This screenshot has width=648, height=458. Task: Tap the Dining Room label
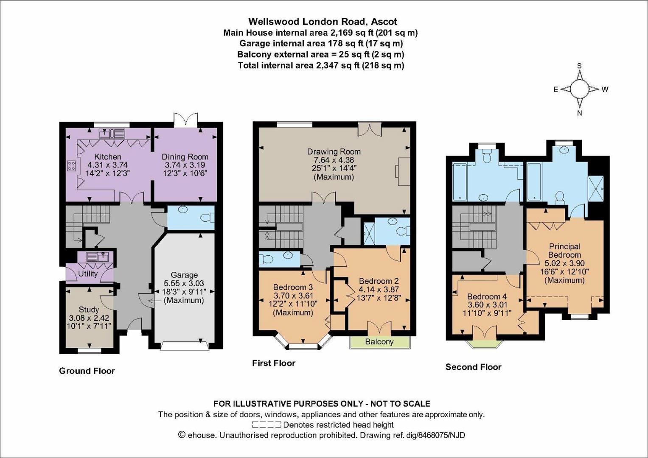[x=185, y=156]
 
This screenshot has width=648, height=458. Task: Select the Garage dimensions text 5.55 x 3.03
[x=184, y=283]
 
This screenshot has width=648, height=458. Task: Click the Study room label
[x=89, y=310]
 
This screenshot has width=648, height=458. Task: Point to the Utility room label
[x=88, y=274]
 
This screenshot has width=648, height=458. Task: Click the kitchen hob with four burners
[x=71, y=166]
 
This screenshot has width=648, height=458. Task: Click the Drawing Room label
[x=334, y=151]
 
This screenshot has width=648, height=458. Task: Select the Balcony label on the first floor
[x=379, y=342]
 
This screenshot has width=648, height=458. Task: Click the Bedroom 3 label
[x=293, y=287]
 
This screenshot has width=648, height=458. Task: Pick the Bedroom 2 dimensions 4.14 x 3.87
[x=379, y=289]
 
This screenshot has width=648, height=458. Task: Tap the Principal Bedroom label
[x=564, y=250]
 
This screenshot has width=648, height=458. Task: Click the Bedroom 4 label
[x=487, y=296]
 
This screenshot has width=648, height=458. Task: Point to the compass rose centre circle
[x=579, y=89]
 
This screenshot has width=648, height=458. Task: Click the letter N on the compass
[x=579, y=113]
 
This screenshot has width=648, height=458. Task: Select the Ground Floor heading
[x=87, y=371]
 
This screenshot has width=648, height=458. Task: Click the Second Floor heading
[x=473, y=367]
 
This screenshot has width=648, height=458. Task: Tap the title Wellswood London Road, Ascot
[x=323, y=21]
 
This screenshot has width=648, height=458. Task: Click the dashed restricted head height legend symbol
[x=266, y=424]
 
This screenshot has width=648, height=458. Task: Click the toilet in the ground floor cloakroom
[x=208, y=218]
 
